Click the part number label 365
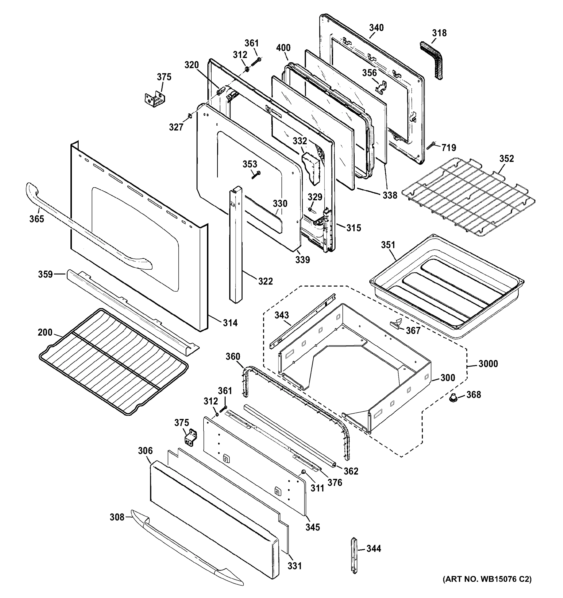(36, 219)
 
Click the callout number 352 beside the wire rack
(506, 158)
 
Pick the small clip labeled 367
(396, 322)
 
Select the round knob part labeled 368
(453, 399)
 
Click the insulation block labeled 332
(312, 167)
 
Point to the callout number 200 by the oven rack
(45, 332)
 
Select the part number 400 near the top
(283, 48)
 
